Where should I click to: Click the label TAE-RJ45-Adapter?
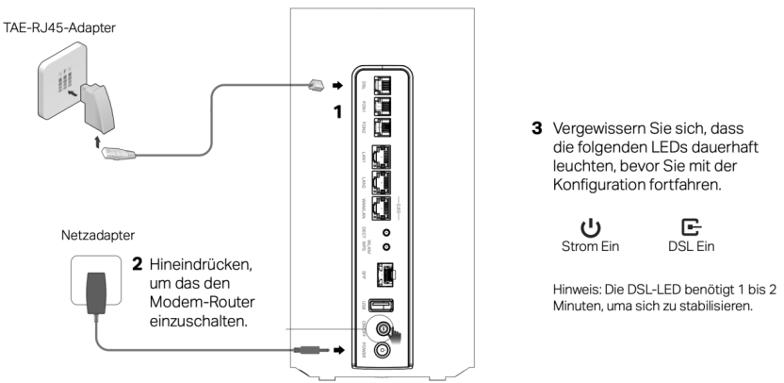point(58,28)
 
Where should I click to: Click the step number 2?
point(137,261)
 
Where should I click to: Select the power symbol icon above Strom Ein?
point(589,229)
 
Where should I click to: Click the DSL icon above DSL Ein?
point(691,229)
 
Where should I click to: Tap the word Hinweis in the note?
point(578,289)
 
